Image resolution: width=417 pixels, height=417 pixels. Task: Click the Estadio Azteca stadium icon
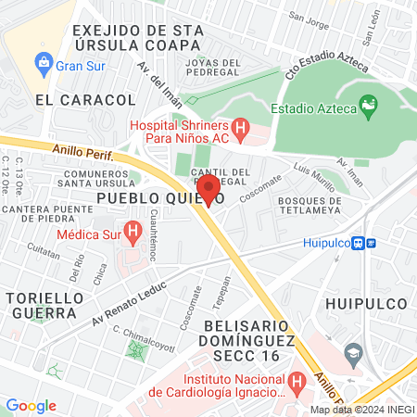click(x=368, y=106)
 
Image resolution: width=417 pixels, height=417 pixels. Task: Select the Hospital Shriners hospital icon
click(x=241, y=130)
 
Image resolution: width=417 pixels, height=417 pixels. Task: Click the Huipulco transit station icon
click(x=371, y=244)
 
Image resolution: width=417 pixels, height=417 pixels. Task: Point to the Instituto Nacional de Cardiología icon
click(x=297, y=381)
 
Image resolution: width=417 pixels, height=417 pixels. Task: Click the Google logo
click(x=31, y=405)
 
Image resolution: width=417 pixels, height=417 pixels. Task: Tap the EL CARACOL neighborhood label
click(x=72, y=98)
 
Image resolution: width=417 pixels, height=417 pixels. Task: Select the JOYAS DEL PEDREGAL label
click(x=213, y=64)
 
